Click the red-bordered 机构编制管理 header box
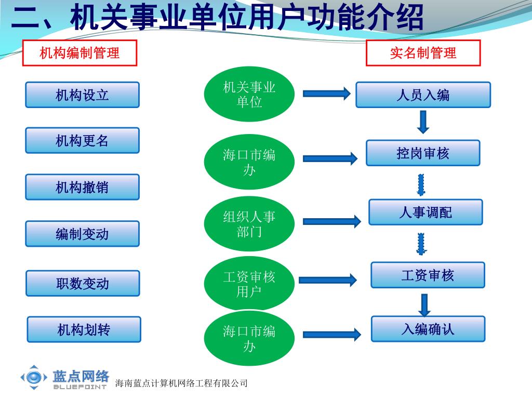[79, 53]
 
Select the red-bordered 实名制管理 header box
[423, 53]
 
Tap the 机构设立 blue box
[83, 95]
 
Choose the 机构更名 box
[83, 140]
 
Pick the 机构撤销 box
[83, 187]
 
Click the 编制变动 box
[83, 234]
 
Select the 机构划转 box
[84, 329]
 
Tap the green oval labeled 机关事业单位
[249, 94]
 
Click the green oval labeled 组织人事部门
[249, 223]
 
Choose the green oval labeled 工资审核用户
[249, 284]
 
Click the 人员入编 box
[423, 95]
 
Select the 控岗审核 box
[423, 153]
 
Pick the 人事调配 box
[425, 212]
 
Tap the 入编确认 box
[428, 329]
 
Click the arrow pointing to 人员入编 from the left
[327, 94]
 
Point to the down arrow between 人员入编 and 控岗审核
[423, 122]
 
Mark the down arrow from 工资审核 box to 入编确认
[424, 304]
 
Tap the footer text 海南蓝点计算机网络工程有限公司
[181, 383]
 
